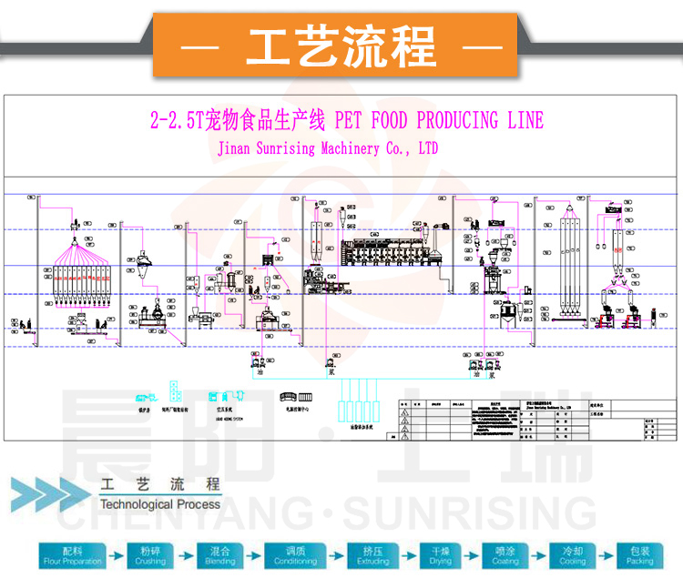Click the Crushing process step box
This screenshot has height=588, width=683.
tap(152, 556)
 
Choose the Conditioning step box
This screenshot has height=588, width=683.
tap(296, 556)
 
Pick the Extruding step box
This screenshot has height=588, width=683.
tap(372, 556)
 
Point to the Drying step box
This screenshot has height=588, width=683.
tap(441, 556)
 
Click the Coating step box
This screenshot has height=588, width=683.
tap(506, 556)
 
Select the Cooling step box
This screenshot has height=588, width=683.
tap(573, 556)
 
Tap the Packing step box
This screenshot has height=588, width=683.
tap(640, 556)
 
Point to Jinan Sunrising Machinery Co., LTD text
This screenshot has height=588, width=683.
tap(328, 147)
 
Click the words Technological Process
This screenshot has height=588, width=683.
tap(159, 503)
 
